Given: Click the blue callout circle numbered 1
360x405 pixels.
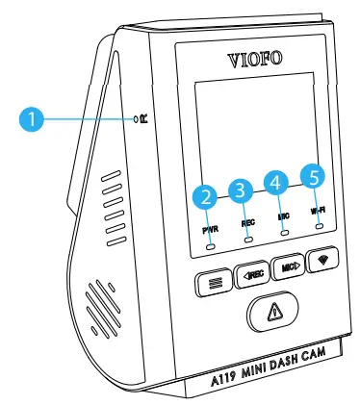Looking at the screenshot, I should click(32, 119).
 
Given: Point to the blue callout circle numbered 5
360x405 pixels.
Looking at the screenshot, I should click(313, 175).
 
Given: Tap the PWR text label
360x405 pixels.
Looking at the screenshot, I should click(211, 230).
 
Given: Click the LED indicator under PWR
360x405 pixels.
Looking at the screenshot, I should click(210, 244).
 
